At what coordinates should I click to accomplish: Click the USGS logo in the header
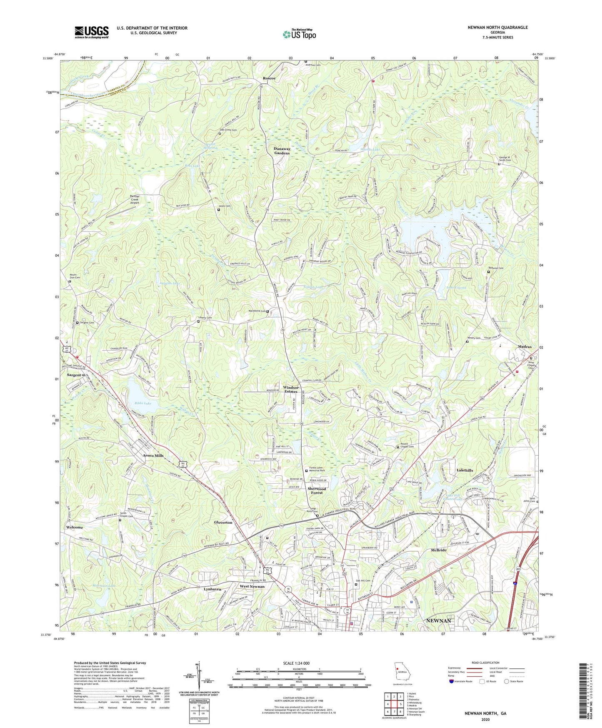point(92,32)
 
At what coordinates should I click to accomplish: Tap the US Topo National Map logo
point(299,34)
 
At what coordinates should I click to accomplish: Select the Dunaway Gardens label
point(282,151)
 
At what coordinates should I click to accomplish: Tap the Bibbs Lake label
point(142,403)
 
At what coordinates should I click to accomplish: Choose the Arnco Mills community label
point(153,456)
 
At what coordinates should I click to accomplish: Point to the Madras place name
point(525,346)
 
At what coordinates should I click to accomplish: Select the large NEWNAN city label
point(439,621)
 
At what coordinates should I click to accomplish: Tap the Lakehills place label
point(465,470)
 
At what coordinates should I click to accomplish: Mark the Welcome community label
point(75,527)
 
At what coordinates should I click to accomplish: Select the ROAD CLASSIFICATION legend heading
point(485,663)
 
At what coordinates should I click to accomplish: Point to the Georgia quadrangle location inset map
point(402,675)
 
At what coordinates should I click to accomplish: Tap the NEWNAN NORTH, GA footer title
point(485,713)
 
